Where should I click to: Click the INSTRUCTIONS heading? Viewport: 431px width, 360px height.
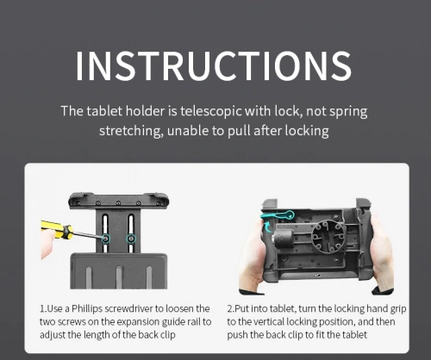coord(214,66)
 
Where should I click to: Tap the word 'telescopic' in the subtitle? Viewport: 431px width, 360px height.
coord(210,111)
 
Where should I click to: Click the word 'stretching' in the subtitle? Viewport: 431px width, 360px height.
coord(129,131)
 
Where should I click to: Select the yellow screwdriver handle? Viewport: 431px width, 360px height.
coord(57,229)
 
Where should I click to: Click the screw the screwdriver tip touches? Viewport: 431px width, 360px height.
coord(105,239)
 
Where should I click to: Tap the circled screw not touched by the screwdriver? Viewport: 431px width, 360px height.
coord(131,239)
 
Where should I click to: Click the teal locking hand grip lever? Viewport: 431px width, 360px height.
coord(278,215)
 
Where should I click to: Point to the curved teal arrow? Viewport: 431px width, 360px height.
coord(267,227)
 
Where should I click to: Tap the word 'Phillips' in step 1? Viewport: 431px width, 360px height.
coord(87,308)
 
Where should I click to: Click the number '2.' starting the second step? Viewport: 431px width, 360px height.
coord(231,309)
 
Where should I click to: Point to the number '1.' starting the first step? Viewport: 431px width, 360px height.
coord(43,309)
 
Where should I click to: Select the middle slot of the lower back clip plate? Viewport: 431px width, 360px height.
coord(119,277)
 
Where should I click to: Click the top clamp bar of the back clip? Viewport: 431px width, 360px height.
coord(118,201)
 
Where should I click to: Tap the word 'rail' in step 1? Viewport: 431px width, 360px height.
coord(194,322)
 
